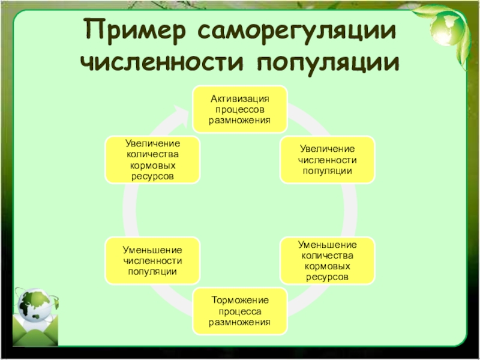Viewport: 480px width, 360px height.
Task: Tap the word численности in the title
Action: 162,62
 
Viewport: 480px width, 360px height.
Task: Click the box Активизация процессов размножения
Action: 239,109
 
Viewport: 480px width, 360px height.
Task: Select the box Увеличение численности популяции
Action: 327,160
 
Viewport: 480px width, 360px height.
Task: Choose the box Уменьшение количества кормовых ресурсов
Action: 327,261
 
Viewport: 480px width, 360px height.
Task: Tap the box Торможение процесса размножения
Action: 239,311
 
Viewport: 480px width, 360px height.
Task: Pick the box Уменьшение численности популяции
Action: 152,261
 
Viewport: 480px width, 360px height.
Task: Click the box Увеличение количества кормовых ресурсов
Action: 152,160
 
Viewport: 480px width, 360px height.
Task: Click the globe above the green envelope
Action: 36,305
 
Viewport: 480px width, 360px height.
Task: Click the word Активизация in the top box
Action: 239,99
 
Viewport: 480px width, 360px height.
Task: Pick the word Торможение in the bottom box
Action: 239,301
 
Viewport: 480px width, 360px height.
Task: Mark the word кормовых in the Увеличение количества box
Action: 152,166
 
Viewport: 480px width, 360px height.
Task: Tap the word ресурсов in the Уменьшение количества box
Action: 327,277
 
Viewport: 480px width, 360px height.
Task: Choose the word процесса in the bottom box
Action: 239,312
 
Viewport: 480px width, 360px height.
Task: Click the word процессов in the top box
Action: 239,110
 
